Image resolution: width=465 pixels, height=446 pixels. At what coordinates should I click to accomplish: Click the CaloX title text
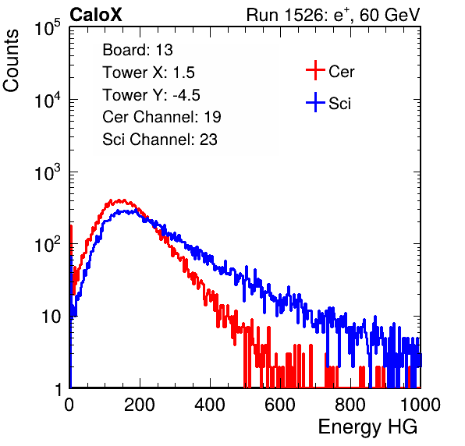click(96, 15)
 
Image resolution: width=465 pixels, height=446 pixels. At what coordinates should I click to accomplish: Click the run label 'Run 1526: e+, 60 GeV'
click(333, 15)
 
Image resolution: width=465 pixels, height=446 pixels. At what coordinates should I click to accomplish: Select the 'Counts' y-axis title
click(11, 61)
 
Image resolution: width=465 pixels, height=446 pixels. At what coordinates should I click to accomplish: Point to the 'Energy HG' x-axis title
click(367, 427)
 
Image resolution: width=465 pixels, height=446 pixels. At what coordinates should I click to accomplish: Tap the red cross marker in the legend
click(315, 70)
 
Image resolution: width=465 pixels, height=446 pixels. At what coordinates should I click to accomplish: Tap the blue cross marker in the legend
click(315, 103)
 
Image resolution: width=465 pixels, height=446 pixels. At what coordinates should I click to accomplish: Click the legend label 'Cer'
click(341, 72)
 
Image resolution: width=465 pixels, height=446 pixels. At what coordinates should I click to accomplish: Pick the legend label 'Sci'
click(340, 104)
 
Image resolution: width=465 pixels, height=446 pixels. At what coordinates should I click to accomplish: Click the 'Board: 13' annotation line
click(137, 50)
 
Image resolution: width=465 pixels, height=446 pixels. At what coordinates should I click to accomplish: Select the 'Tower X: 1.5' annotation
click(148, 73)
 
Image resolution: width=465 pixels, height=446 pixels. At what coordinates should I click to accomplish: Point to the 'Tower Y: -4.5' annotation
click(151, 95)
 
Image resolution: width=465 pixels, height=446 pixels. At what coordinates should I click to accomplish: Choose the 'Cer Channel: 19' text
click(162, 117)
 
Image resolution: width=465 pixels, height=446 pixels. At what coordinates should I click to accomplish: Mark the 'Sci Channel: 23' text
click(160, 140)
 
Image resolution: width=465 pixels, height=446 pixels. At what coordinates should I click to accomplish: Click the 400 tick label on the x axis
click(210, 405)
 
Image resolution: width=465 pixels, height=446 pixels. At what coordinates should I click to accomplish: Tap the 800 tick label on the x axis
click(350, 405)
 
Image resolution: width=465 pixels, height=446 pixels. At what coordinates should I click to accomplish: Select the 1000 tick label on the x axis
click(421, 405)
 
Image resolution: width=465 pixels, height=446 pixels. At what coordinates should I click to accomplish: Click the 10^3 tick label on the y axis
click(48, 172)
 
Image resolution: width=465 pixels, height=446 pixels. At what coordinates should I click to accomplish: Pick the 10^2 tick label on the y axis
click(48, 245)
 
